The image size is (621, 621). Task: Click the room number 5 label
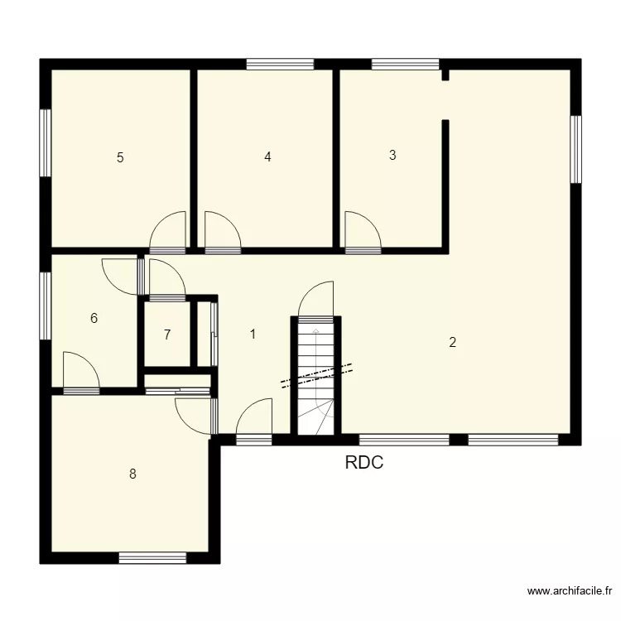tap(120, 157)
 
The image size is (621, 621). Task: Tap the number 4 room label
tap(267, 156)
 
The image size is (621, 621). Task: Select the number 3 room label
tap(392, 155)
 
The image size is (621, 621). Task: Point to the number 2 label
tap(452, 342)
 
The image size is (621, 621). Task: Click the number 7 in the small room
tap(167, 335)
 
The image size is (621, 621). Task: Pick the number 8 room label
tap(132, 474)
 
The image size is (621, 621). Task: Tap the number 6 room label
tap(94, 318)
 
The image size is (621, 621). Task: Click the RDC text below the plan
tap(364, 464)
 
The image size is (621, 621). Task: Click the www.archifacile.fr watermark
tap(570, 591)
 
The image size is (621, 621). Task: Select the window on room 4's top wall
tap(280, 63)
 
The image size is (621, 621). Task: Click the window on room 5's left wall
tap(46, 142)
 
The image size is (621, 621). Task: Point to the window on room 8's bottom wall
tap(152, 558)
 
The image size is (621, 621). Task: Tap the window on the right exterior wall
tap(575, 149)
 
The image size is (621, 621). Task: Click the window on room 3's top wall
tap(405, 63)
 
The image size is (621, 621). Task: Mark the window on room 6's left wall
tap(46, 306)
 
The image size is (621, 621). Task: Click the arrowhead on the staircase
tap(315, 331)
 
